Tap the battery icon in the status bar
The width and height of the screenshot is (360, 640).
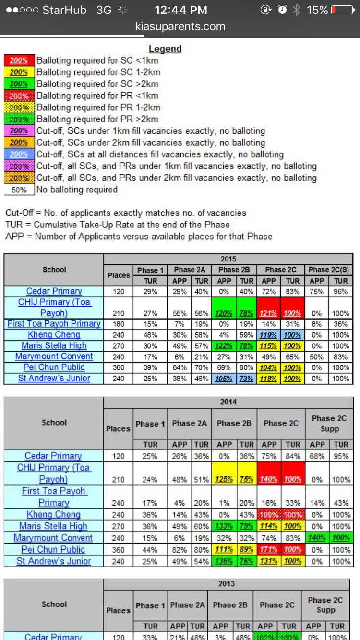click(x=342, y=10)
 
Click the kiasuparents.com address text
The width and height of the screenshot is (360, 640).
click(x=180, y=26)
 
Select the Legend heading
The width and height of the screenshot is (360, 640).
click(x=165, y=49)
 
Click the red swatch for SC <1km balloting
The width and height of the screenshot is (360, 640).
click(x=19, y=61)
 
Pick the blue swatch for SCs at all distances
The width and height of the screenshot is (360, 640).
click(x=19, y=154)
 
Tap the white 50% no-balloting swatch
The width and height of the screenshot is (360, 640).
click(x=19, y=190)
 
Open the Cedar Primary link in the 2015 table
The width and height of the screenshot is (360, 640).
click(x=54, y=291)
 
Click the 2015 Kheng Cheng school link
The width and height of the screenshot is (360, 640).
click(x=54, y=335)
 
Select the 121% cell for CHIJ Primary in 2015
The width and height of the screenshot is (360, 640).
click(x=269, y=313)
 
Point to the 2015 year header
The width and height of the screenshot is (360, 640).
click(x=228, y=259)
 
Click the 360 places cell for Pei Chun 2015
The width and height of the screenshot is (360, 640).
click(x=118, y=367)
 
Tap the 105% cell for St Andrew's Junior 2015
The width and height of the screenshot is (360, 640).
click(x=224, y=379)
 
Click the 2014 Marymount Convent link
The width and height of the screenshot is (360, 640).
click(x=53, y=538)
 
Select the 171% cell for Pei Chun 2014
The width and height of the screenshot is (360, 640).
click(x=269, y=550)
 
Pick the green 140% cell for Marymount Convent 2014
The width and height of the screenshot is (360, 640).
click(x=317, y=538)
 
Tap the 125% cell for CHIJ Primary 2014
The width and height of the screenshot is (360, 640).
click(x=224, y=479)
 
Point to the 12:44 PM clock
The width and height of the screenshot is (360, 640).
click(x=181, y=10)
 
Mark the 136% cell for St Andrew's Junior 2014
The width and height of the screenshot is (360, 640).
click(x=224, y=561)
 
